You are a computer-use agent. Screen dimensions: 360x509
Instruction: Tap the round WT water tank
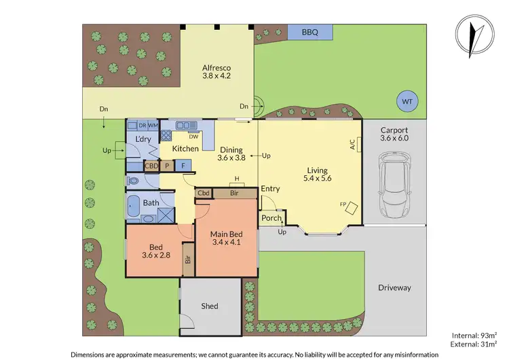407,101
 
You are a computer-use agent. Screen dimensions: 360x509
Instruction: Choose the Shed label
210,306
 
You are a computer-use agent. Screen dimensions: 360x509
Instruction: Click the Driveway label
394,287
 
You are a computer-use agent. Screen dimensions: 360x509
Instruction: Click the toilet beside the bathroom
133,181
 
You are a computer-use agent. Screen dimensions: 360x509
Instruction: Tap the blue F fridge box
182,164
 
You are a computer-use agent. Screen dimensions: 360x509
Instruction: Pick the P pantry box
166,164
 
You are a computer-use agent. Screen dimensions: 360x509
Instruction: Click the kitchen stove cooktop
166,134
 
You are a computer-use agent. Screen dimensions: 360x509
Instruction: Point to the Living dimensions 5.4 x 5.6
317,179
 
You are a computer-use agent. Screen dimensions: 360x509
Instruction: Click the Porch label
271,218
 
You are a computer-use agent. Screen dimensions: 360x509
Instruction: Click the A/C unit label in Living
352,144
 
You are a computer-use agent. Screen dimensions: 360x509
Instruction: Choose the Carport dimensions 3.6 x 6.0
394,139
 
